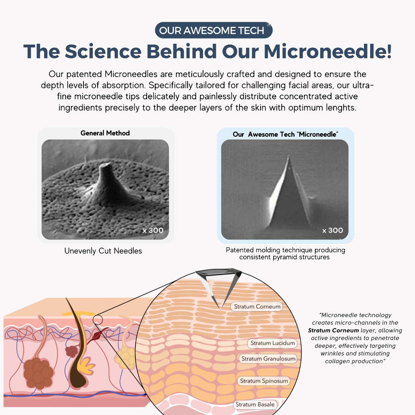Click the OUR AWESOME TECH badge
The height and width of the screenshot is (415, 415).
pos(214,30)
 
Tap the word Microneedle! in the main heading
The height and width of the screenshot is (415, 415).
pos(327,51)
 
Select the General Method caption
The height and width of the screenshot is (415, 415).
pos(105,133)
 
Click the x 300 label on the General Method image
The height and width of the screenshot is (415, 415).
pos(153,231)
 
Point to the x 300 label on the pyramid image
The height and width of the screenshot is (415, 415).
pos(332,231)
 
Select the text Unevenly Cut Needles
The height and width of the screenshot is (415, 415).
pos(103,251)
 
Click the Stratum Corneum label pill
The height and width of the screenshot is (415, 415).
pos(257,306)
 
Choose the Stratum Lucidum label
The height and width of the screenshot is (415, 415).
pos(273,343)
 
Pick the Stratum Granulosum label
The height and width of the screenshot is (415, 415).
pos(268,359)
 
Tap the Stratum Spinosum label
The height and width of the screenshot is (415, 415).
pos(264,381)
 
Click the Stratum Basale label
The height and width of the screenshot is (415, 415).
pos(255,404)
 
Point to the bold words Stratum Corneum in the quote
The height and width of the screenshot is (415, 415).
pos(333,330)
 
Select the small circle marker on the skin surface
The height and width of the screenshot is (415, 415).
pos(98,320)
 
